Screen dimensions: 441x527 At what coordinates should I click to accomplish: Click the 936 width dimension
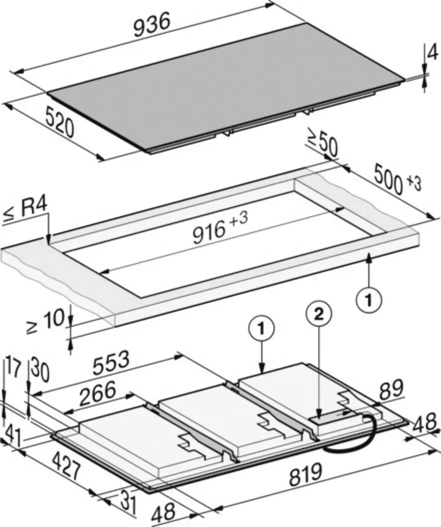point(151,25)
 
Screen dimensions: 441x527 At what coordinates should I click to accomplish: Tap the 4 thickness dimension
point(432,53)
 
